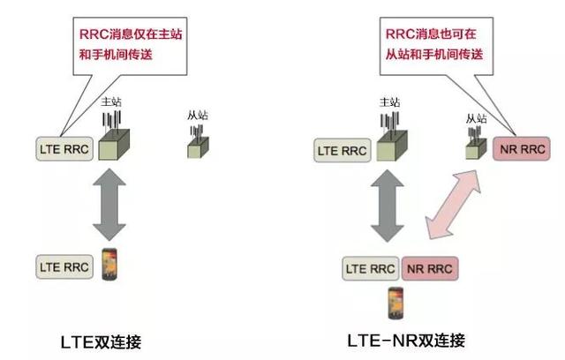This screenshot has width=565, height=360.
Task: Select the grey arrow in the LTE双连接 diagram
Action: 110,206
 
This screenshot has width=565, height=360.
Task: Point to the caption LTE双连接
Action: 101,341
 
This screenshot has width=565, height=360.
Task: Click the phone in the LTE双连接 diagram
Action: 110,265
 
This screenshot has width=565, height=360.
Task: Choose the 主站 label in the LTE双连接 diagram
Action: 111,101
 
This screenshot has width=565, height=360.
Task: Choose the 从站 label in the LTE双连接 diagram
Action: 199,113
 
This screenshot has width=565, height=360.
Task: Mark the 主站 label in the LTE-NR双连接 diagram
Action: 388,101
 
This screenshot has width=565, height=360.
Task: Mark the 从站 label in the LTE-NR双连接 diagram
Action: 476,117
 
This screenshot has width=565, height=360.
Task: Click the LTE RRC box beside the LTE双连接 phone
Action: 64,265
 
